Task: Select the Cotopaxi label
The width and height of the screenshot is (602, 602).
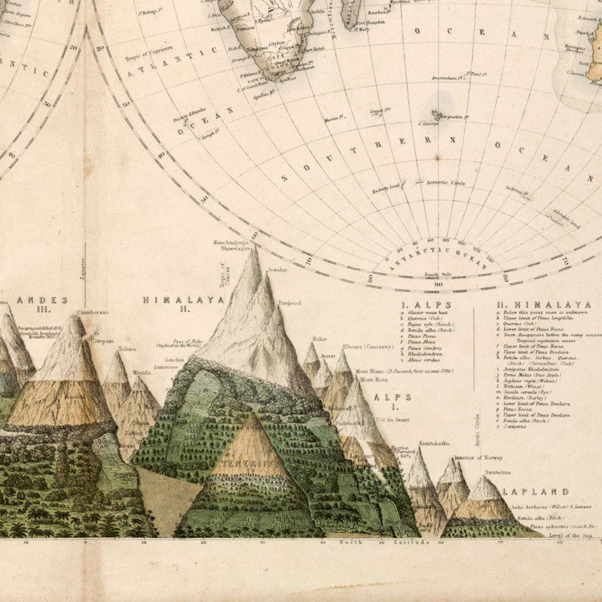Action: point(101,340)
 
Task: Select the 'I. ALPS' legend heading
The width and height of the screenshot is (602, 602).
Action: point(425,305)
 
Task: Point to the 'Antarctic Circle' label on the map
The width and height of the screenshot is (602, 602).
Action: point(446,182)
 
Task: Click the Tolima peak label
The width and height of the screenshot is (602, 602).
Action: point(127,349)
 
